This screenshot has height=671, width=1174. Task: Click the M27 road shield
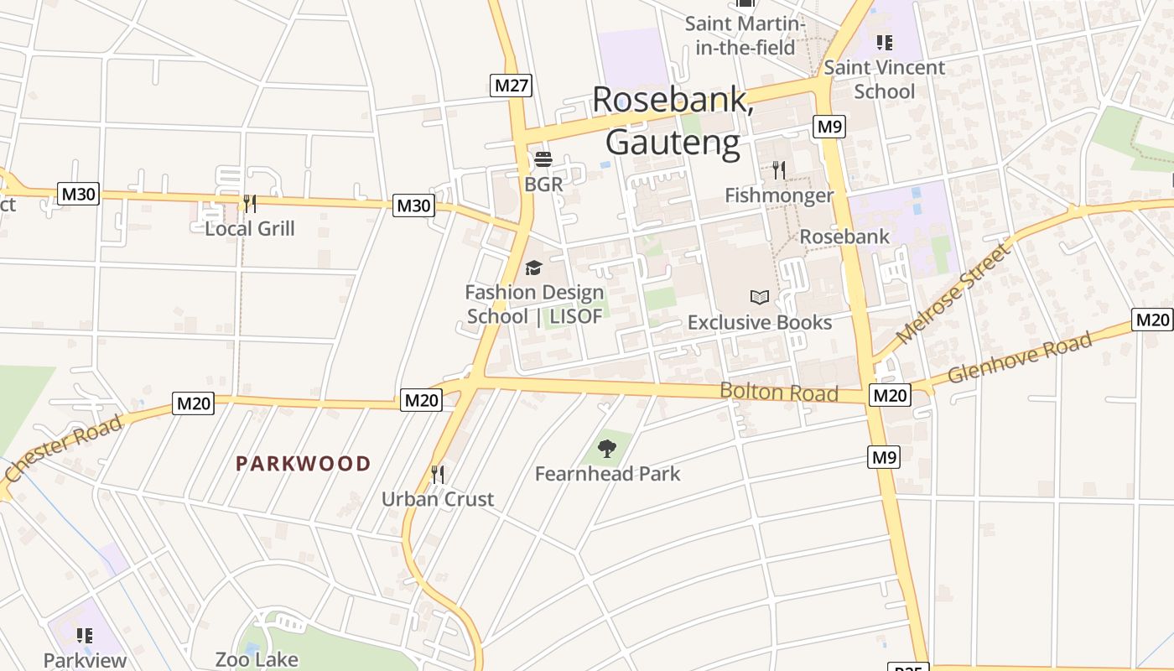click(x=511, y=86)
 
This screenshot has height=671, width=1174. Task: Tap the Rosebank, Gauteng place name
click(x=673, y=121)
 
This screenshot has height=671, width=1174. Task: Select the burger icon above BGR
click(x=543, y=159)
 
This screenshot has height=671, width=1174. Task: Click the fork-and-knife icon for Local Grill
click(x=249, y=203)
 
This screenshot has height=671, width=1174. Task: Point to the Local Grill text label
click(x=250, y=228)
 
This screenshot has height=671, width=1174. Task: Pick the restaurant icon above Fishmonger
click(x=779, y=170)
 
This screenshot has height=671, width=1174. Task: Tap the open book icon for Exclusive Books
click(x=760, y=297)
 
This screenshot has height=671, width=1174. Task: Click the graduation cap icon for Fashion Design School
click(x=533, y=268)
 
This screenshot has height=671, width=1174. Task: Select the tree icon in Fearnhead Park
click(x=607, y=449)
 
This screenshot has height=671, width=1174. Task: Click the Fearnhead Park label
click(x=607, y=474)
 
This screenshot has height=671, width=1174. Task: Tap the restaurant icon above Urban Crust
click(x=437, y=475)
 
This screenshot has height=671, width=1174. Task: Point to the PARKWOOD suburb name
click(x=303, y=464)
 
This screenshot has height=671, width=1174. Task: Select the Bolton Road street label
click(x=779, y=392)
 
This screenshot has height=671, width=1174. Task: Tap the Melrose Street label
click(x=953, y=293)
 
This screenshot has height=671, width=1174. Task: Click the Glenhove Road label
click(x=1020, y=357)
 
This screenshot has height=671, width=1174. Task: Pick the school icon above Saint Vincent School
click(x=884, y=42)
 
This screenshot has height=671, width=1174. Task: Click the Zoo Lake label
click(x=257, y=659)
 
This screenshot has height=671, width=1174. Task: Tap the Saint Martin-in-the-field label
click(x=745, y=35)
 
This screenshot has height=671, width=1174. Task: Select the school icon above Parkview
click(x=84, y=636)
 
